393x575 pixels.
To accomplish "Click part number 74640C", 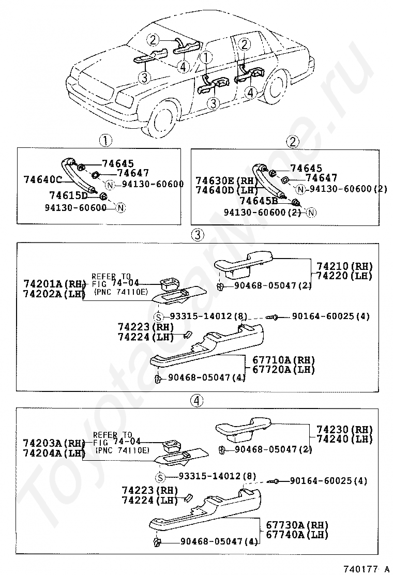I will point(43,179).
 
